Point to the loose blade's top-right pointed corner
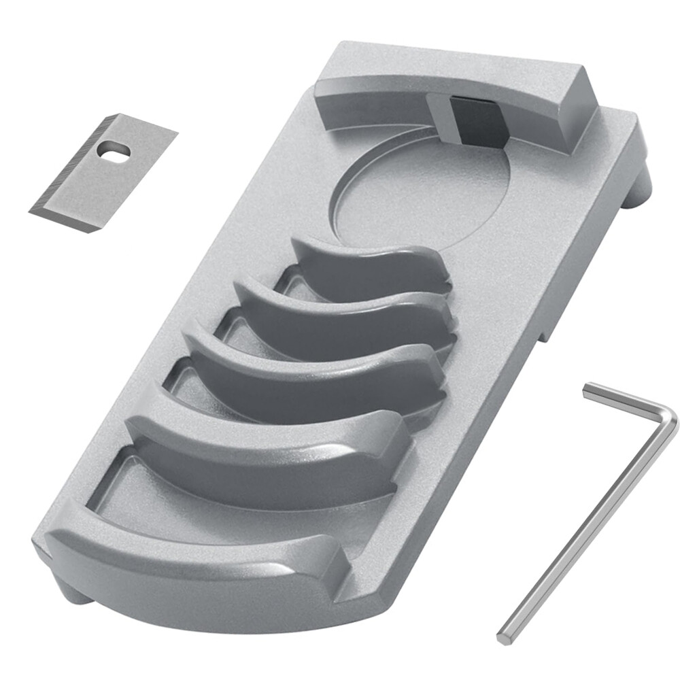coord(175,133)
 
